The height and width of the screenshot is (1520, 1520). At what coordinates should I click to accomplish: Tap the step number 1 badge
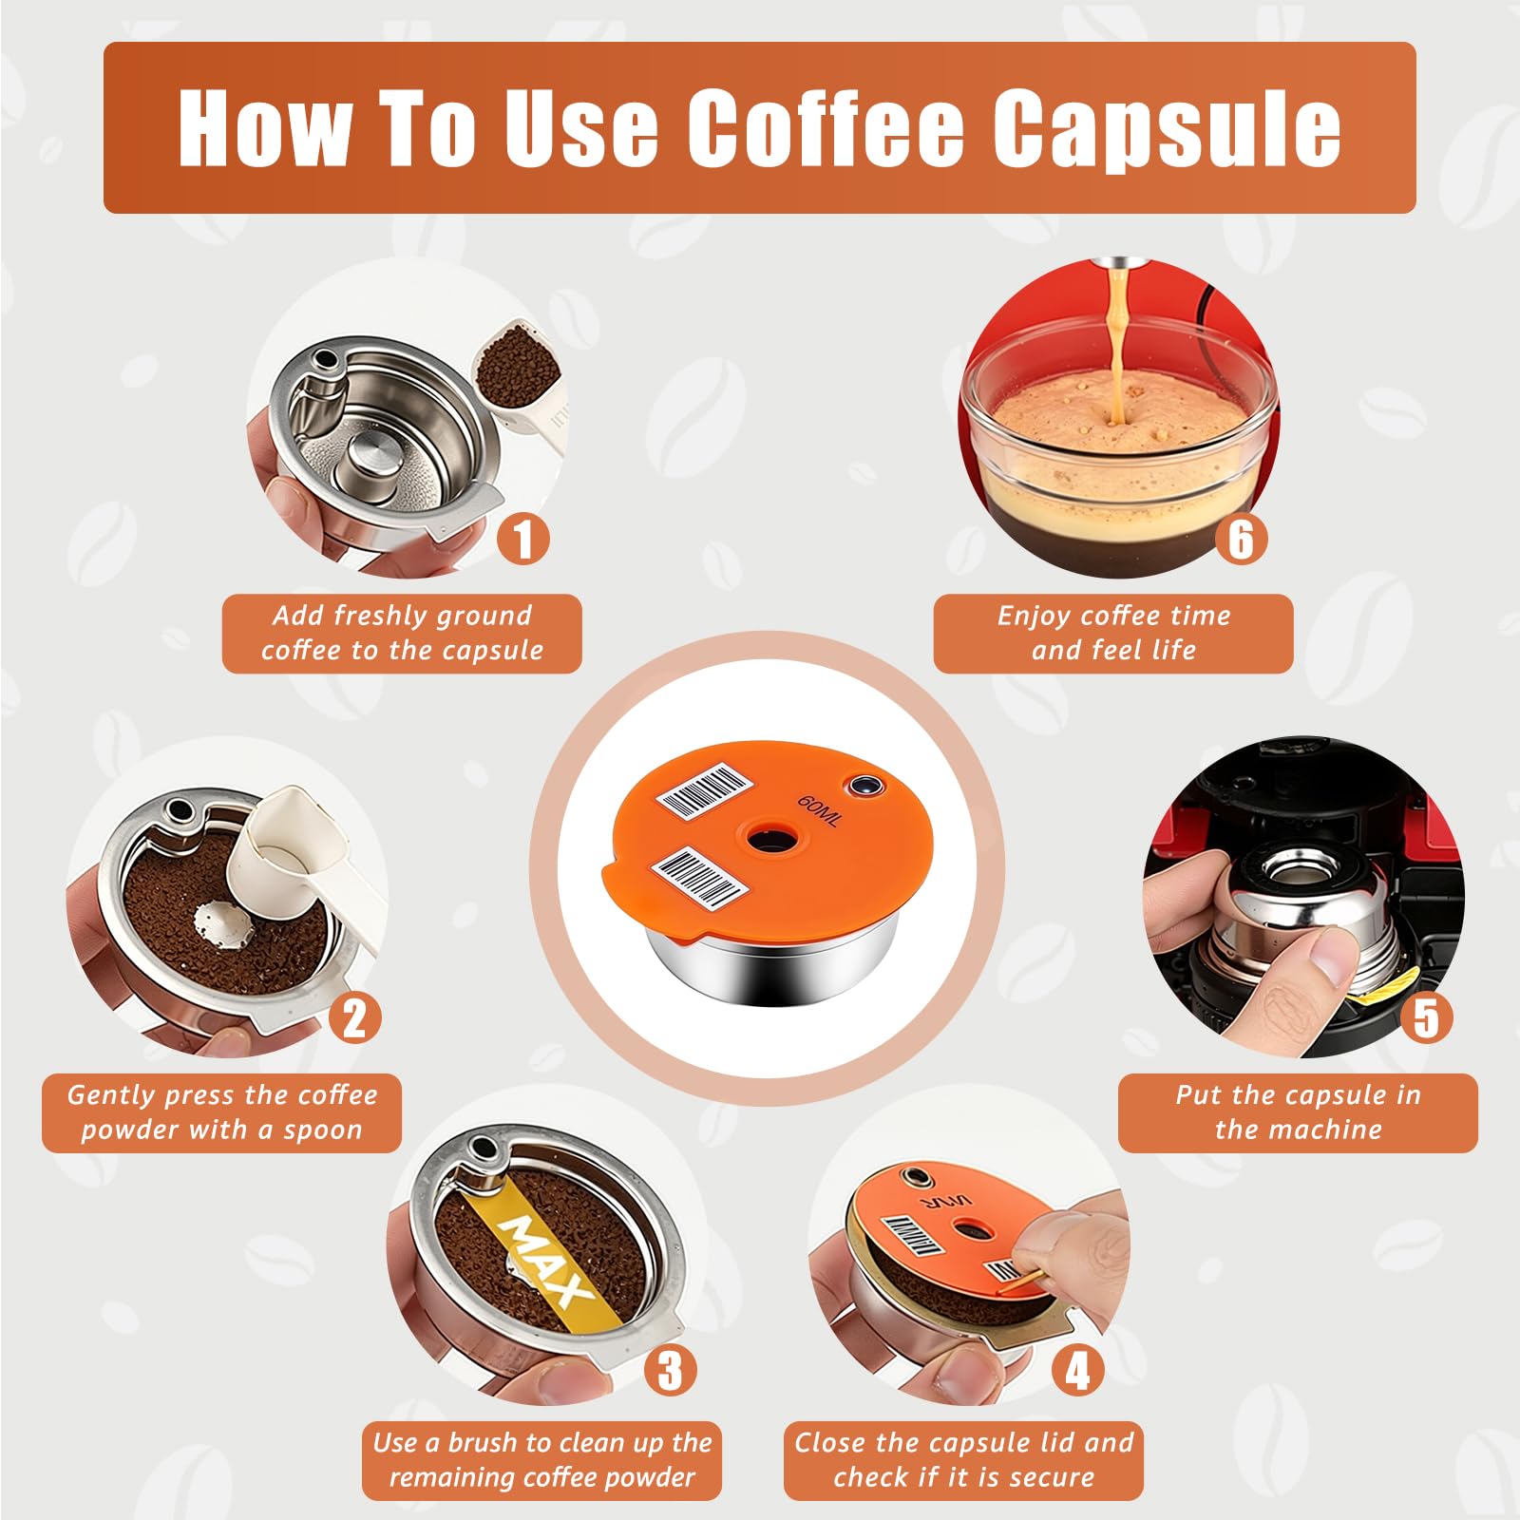[523, 538]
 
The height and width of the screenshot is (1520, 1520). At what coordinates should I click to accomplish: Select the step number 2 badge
[355, 1017]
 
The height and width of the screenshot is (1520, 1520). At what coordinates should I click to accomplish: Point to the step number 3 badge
[671, 1370]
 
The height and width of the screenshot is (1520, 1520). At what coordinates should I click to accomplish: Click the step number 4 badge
[1077, 1370]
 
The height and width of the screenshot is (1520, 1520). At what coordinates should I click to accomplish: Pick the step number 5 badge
[1426, 1017]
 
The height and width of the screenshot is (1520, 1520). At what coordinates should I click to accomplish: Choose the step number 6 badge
[1242, 538]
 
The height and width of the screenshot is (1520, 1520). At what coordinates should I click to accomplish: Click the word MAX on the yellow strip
[546, 1261]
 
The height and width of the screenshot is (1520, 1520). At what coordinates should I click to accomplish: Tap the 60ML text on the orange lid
[819, 809]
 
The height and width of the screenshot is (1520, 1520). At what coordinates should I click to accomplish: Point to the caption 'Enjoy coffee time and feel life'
[1113, 633]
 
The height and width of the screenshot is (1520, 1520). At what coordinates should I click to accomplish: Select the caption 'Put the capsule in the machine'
[1299, 1112]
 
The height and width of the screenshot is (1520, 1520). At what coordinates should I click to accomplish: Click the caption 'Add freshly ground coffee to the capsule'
[402, 633]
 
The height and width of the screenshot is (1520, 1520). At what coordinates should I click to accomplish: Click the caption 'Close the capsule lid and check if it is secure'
[964, 1460]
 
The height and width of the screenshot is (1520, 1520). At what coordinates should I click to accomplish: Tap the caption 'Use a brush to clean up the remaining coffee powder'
[542, 1460]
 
